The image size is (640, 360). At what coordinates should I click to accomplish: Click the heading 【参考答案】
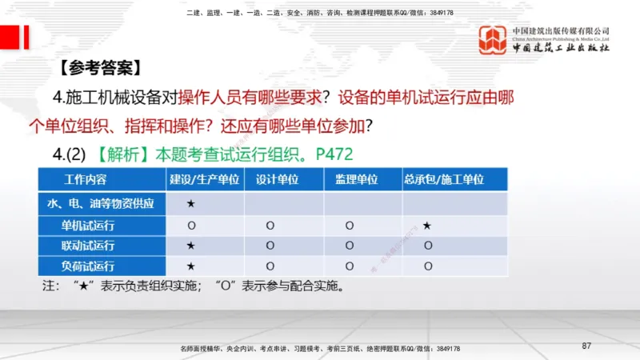coord(100,67)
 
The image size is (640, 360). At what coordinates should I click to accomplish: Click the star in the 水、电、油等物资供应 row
coord(190,204)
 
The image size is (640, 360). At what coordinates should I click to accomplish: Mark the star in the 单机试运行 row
coord(428,226)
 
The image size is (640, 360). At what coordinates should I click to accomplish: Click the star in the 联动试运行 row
coord(190,246)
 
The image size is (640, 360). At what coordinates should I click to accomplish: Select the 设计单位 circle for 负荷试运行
coord(270,266)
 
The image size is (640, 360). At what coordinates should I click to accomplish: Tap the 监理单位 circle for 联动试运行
coord(350,246)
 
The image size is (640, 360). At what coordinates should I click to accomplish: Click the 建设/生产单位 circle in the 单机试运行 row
coord(190,226)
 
